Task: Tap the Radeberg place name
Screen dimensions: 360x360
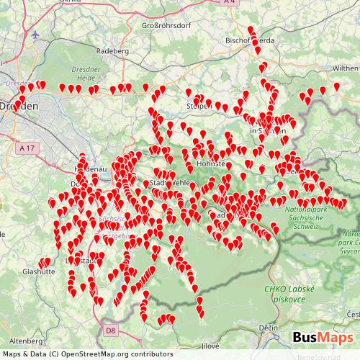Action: [x=112, y=52]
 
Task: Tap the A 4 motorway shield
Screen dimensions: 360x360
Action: [x=229, y=3]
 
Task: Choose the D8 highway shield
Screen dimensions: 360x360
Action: [x=109, y=330]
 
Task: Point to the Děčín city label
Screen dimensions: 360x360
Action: [x=269, y=328]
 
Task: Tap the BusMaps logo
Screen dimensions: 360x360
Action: [x=322, y=337]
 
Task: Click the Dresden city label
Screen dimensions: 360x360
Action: [x=16, y=105]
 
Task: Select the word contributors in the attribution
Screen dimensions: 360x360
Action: [x=153, y=354]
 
